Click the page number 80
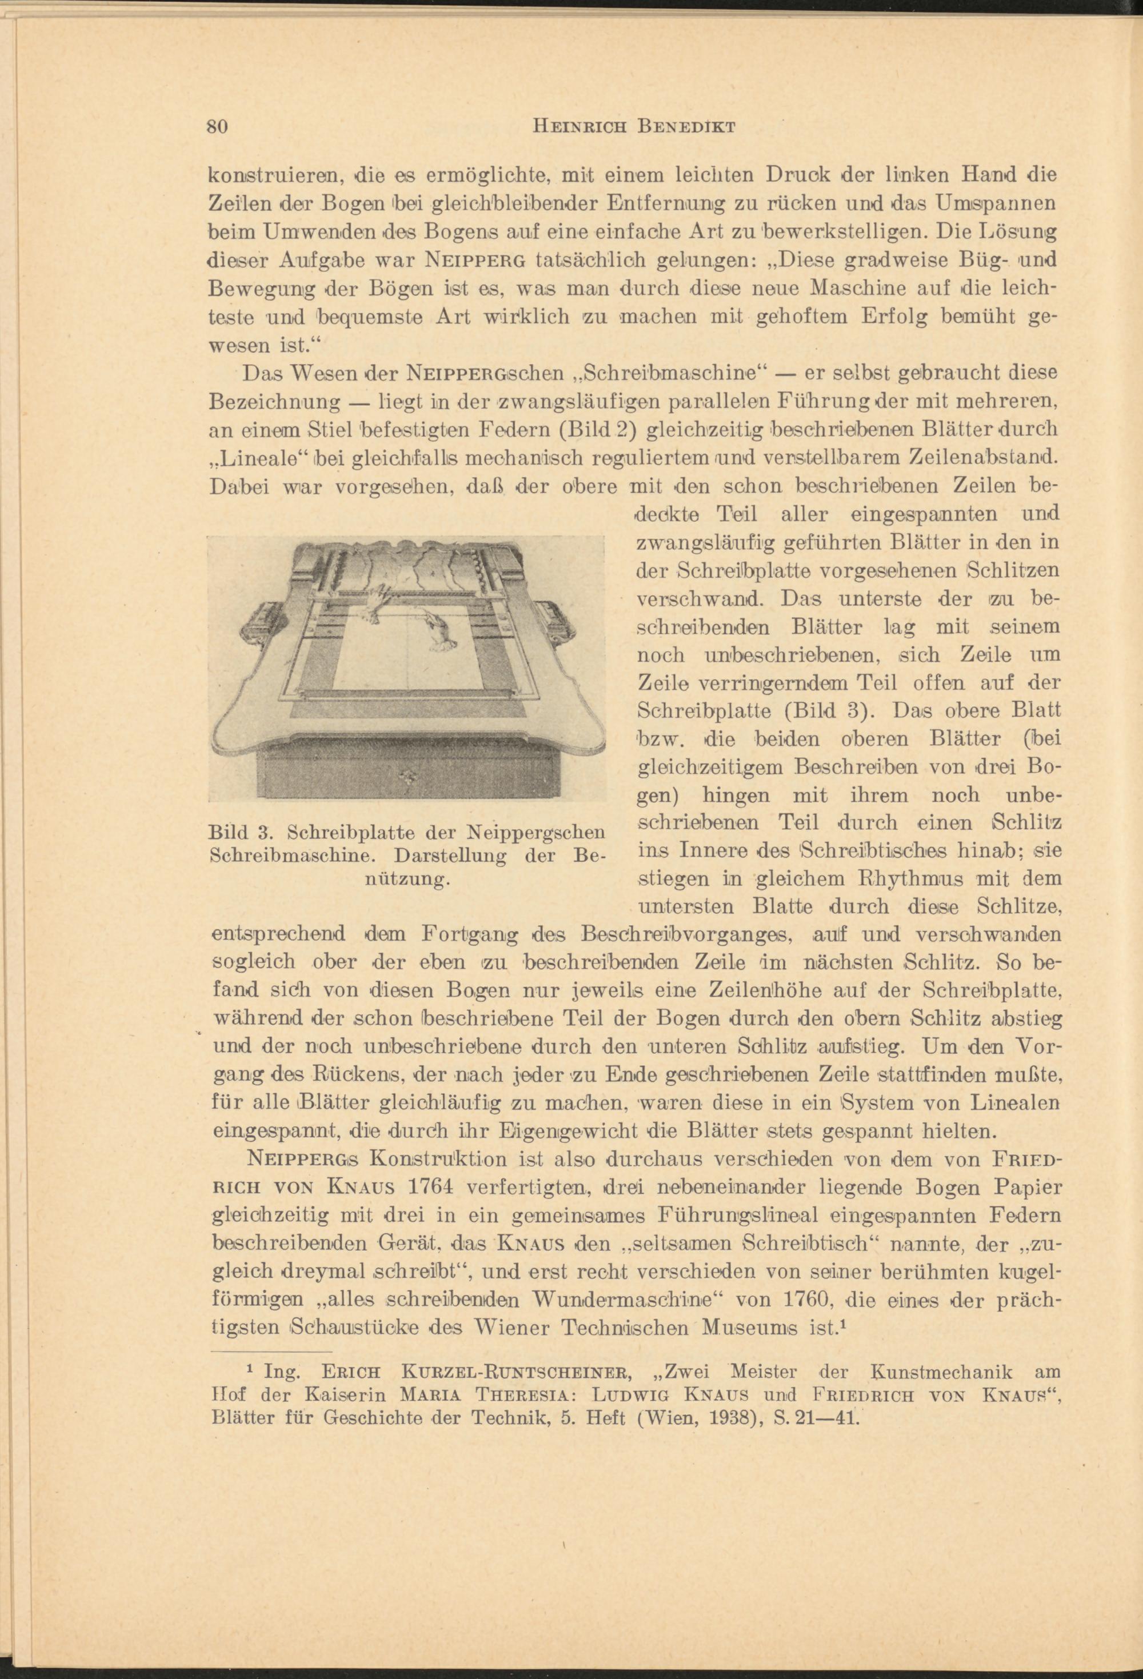click(218, 126)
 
